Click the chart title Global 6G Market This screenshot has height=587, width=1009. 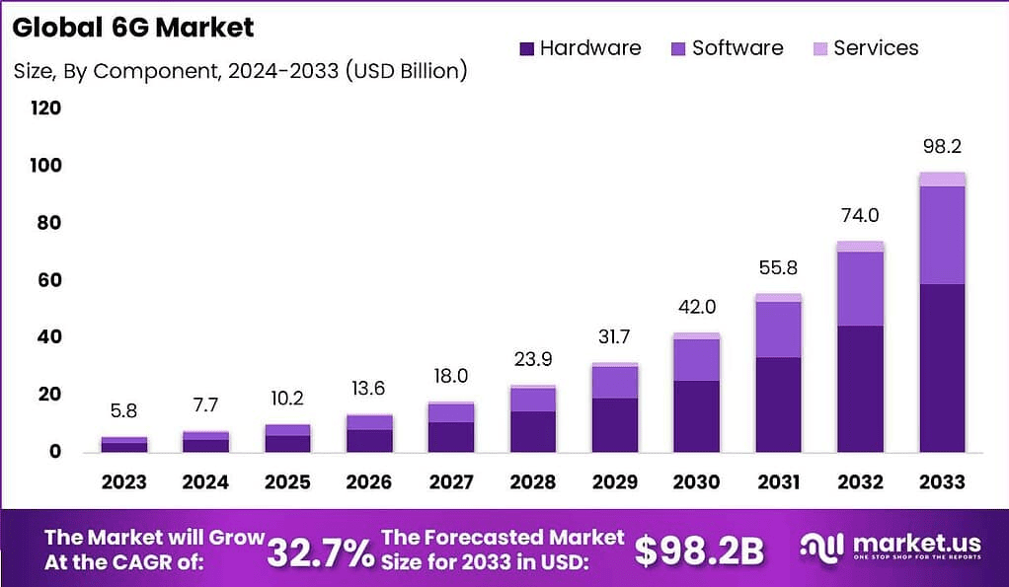133,27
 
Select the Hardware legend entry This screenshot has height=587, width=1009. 580,48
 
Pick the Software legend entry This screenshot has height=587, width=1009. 727,48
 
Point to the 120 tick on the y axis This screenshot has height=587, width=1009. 45,109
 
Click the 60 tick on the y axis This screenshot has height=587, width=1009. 45,280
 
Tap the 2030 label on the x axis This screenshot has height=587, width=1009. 696,482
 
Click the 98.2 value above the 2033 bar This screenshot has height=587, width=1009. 942,147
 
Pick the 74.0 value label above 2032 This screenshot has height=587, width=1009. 860,216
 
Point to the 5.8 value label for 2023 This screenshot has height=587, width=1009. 124,410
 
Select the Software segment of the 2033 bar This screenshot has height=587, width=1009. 942,235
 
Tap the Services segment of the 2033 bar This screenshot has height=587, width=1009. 942,179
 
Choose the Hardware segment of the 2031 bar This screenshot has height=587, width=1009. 778,404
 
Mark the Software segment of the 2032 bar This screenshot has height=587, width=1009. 860,288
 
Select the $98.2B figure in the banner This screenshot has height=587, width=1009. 699,551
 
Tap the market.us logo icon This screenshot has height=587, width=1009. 821,549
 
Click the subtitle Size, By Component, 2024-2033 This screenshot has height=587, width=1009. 240,71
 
